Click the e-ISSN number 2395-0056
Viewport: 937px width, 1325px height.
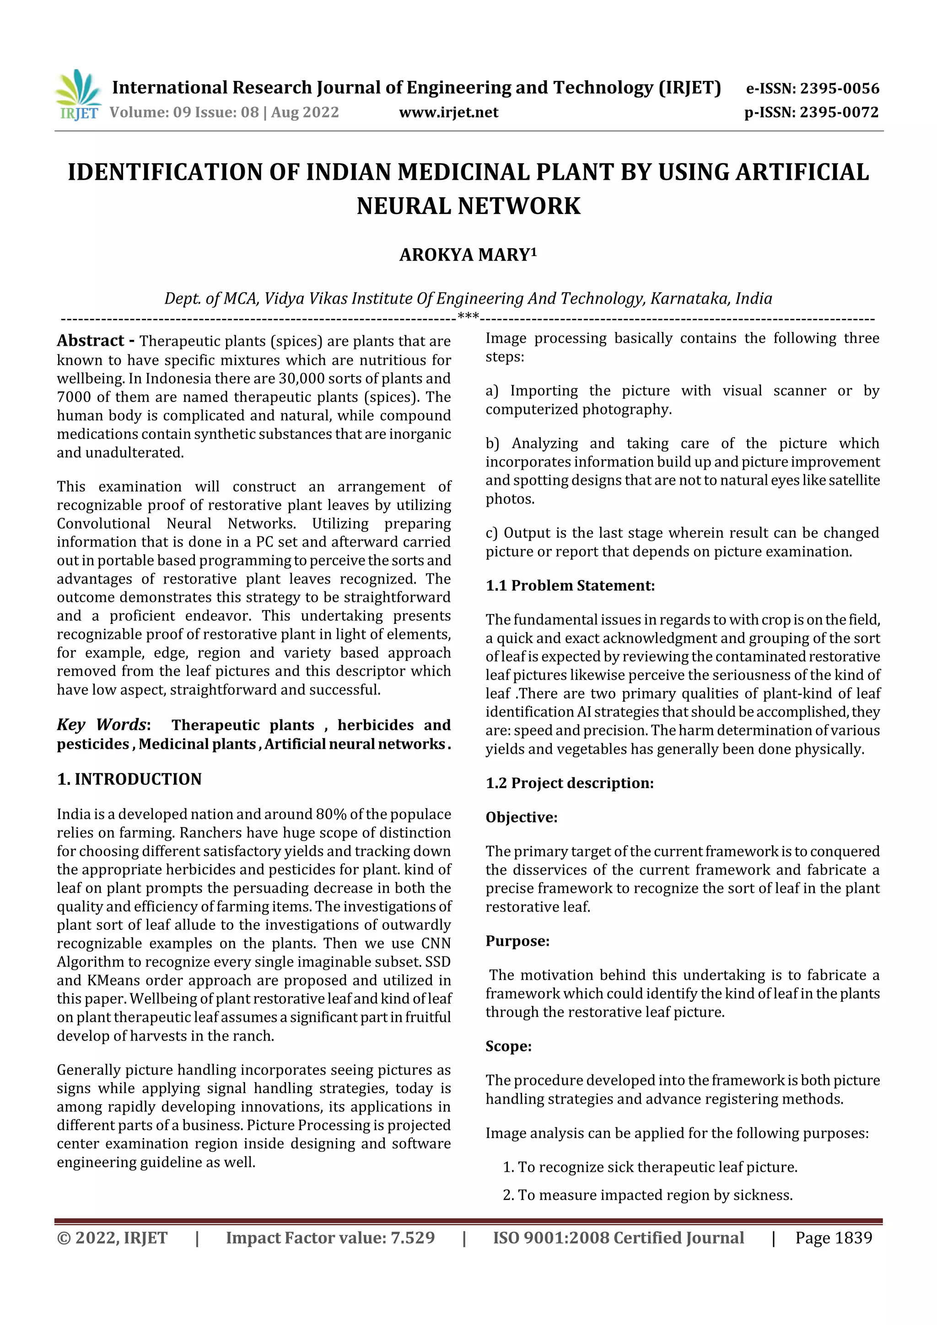pos(839,88)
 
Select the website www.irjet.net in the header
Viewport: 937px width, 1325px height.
pos(448,112)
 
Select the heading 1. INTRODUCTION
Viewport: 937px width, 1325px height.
pos(129,779)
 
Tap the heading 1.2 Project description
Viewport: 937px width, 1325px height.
pos(569,783)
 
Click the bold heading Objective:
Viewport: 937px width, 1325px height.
pos(521,817)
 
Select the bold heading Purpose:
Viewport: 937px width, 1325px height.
pos(517,941)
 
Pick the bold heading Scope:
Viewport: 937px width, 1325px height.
pos(508,1046)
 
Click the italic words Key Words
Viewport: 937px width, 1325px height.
pos(102,725)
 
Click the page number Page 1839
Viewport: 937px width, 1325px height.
pos(833,1238)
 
